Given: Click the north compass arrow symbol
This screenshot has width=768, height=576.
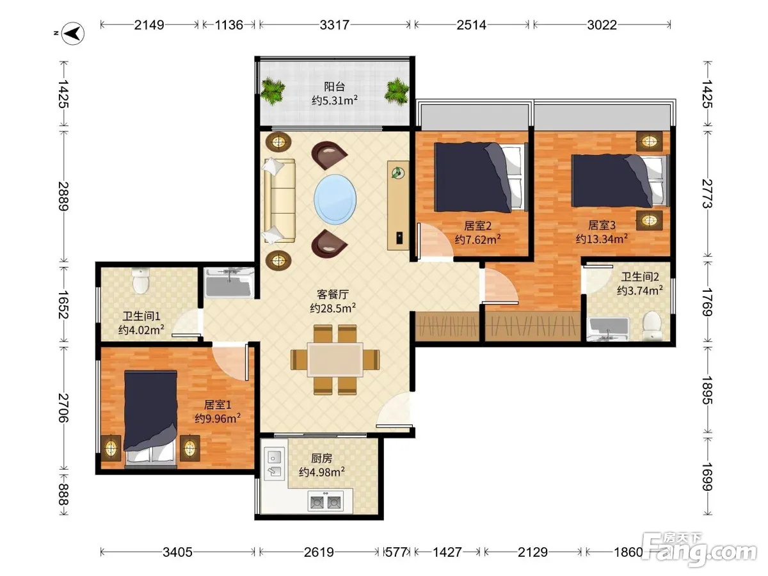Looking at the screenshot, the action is (73, 33).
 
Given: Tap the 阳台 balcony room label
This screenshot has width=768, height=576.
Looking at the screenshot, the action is (335, 86).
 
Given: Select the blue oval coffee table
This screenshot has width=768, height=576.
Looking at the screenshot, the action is (335, 199).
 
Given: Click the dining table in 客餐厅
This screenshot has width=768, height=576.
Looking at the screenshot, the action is (335, 360).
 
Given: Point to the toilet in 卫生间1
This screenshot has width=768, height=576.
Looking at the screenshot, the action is (141, 281).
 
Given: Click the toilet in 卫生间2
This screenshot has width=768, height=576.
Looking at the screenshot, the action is (652, 325).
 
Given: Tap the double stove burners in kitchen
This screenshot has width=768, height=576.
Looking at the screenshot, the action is (325, 502).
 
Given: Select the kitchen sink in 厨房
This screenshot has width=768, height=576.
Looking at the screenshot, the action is (275, 464).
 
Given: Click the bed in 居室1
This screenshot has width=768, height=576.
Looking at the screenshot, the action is (150, 419).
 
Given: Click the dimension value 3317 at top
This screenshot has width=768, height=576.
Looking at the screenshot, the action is (334, 25).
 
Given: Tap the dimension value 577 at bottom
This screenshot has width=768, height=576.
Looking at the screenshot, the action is (396, 552).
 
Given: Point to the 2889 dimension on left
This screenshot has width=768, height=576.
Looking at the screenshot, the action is (63, 196).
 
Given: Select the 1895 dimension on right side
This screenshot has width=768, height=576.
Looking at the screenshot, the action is (707, 390).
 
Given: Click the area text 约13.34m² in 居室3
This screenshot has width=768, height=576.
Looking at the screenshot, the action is (602, 239).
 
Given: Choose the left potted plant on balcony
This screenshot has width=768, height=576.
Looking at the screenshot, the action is (273, 90).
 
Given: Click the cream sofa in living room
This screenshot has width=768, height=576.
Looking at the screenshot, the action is (279, 200).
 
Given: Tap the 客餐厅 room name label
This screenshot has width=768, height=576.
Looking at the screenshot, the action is (332, 294).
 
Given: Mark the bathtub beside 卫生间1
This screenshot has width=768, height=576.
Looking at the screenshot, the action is (229, 283).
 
